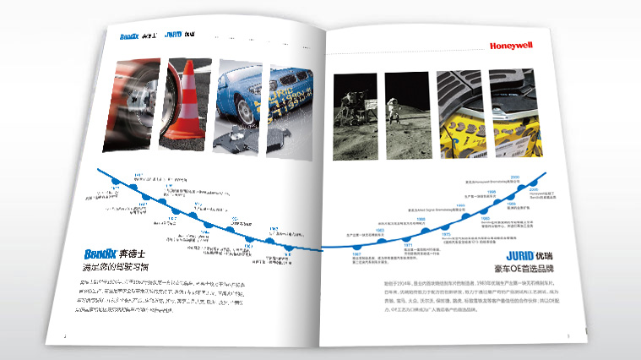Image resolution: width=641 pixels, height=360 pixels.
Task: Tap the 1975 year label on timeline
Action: [x=446, y=233]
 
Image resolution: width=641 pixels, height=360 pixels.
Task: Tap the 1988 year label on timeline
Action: [x=421, y=218]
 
